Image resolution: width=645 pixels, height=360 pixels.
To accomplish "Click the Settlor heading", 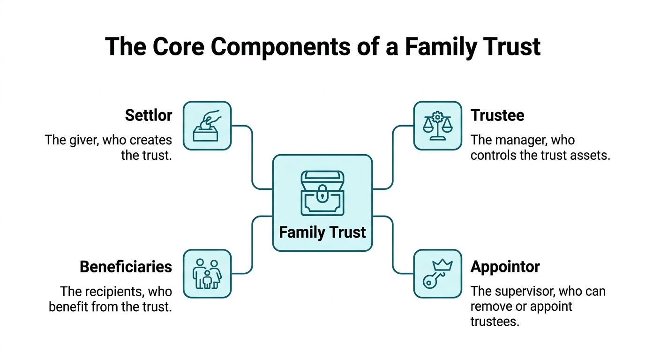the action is pyautogui.click(x=149, y=115).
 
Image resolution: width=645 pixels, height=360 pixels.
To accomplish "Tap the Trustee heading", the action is pyautogui.click(x=497, y=115).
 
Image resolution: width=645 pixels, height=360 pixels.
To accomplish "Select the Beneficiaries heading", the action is pyautogui.click(x=126, y=267).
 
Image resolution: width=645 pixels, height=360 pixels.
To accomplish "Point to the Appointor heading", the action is pyautogui.click(x=505, y=267).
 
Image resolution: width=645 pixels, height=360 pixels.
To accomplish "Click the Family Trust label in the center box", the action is pyautogui.click(x=322, y=232).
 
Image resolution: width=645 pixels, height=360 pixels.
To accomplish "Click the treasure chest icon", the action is pyautogui.click(x=322, y=193).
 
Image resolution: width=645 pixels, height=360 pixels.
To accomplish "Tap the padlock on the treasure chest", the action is pyautogui.click(x=322, y=194).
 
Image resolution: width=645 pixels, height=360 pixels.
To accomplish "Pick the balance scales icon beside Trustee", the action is pyautogui.click(x=438, y=126).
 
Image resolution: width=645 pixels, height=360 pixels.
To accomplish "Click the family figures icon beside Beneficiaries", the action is pyautogui.click(x=207, y=274).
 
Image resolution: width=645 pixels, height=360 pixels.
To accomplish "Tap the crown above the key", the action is pyautogui.click(x=443, y=264).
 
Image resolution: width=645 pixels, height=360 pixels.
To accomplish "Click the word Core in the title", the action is pyautogui.click(x=179, y=47).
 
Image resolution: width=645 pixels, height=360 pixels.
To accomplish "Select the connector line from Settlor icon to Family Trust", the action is pyautogui.click(x=252, y=157).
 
